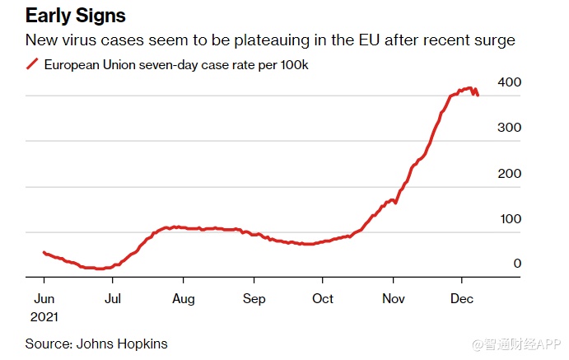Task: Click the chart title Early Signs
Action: coord(76,15)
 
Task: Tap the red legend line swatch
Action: coord(32,63)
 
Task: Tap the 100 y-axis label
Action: coord(510,219)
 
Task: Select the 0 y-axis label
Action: coord(516,264)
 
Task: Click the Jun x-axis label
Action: coord(44,299)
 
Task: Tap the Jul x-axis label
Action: coord(114,299)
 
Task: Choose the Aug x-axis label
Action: coord(184,299)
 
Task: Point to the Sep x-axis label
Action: coord(254,299)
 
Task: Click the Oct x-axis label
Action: coord(323,299)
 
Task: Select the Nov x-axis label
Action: coord(393,299)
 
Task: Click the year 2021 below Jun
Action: coord(46,316)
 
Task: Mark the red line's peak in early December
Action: coord(469,88)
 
